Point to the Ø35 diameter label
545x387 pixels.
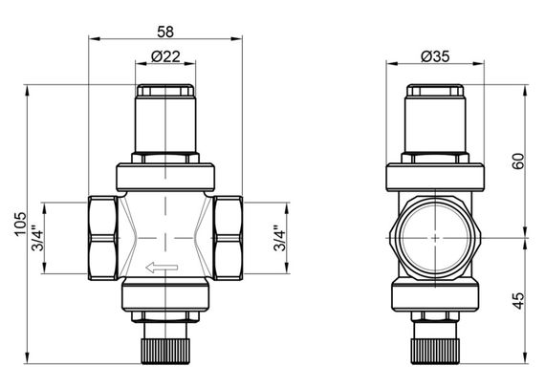coord(436,57)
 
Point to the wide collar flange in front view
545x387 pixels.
coord(166,177)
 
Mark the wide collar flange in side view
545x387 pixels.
coord(435,178)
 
